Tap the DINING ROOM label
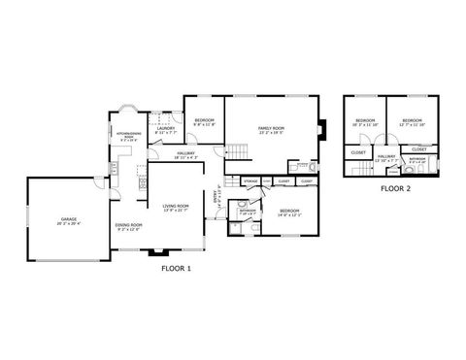coord(128,225)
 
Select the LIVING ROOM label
coord(176,206)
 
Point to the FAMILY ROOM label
coord(271,128)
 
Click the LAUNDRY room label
coord(165,128)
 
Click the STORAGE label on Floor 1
coord(250,180)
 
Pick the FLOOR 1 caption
coord(175,268)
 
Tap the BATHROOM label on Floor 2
coord(417,158)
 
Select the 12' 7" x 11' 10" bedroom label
coord(413,122)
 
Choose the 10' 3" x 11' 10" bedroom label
coord(366,122)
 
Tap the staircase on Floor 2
coord(365,170)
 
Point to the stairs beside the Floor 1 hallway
coord(237,150)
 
